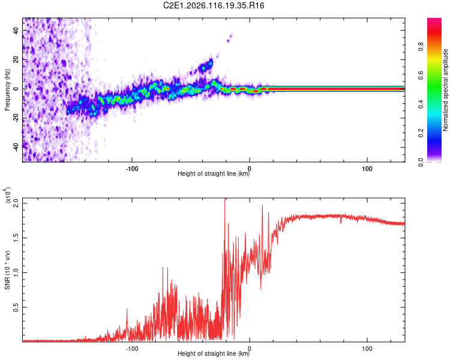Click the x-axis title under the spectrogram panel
pyautogui.click(x=213, y=174)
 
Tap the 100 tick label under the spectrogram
pyautogui.click(x=367, y=167)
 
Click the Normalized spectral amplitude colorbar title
pyautogui.click(x=445, y=90)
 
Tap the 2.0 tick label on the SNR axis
pyautogui.click(x=16, y=203)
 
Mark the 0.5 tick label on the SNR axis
pyautogui.click(x=16, y=307)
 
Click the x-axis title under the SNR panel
pyautogui.click(x=213, y=354)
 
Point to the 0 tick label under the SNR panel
pyautogui.click(x=250, y=347)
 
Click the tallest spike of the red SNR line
pyautogui.click(x=225, y=200)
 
